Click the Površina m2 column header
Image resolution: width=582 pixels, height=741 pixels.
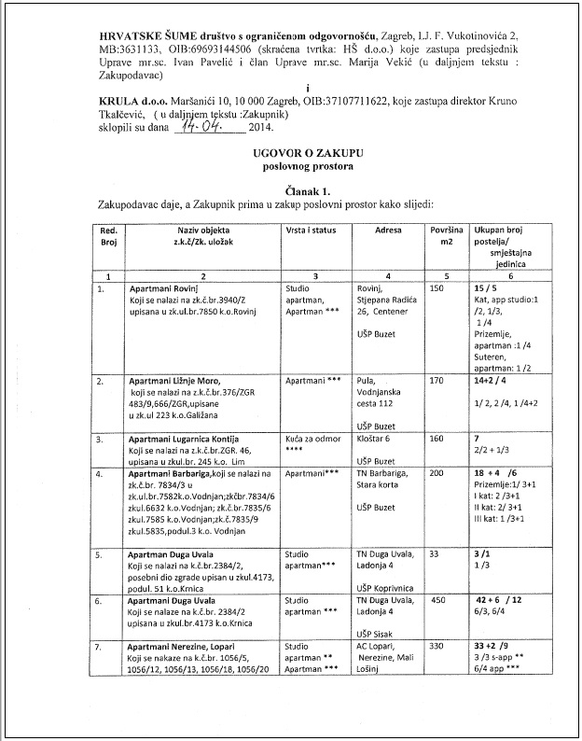(444, 234)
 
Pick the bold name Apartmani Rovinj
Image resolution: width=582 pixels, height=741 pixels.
(166, 289)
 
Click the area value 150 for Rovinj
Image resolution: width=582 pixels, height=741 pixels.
(437, 289)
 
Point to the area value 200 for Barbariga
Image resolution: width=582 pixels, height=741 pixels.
(437, 474)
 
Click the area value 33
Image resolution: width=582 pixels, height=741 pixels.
(435, 553)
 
